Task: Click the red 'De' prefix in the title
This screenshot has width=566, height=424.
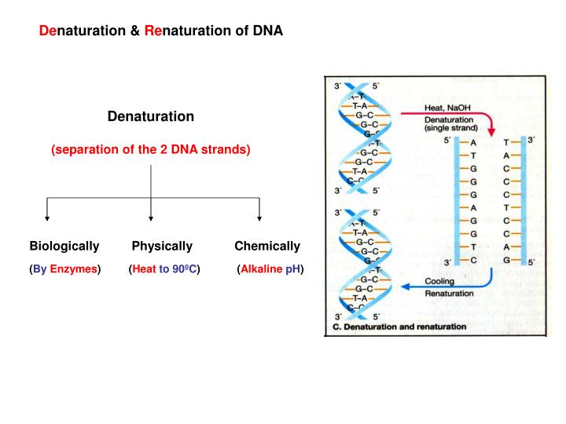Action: pyautogui.click(x=48, y=31)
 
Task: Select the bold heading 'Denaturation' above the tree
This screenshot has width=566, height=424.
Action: pyautogui.click(x=150, y=116)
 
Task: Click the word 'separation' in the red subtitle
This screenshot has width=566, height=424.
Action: pyautogui.click(x=84, y=149)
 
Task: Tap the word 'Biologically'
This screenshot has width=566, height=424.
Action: pyautogui.click(x=64, y=246)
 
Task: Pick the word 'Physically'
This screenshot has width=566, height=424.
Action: pyautogui.click(x=162, y=246)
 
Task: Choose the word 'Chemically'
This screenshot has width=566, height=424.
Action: pyautogui.click(x=267, y=246)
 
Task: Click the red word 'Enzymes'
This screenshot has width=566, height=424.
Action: pyautogui.click(x=74, y=269)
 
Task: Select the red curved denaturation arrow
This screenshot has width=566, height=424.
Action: pyautogui.click(x=486, y=122)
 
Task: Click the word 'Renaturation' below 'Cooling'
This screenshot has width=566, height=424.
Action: pyautogui.click(x=449, y=294)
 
